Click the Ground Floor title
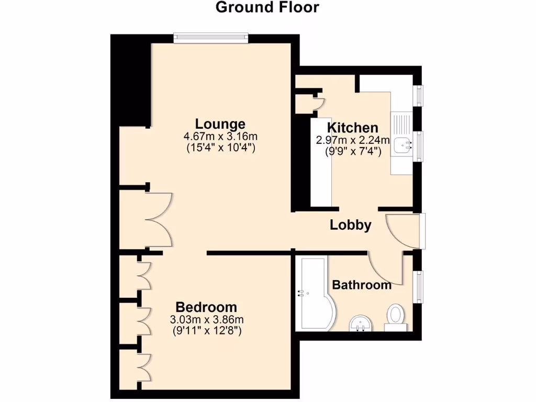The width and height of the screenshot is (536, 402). coord(267,8)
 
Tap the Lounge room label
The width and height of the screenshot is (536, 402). coord(220,124)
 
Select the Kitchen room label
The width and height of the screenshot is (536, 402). coord(352,128)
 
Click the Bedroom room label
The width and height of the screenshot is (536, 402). coord(206,307)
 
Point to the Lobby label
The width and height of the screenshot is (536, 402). coord(350,225)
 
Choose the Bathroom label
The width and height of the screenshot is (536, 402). coord(362,285)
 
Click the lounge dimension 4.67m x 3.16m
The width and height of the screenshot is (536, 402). coord(220,137)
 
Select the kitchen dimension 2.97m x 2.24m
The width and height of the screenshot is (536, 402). coord(352,140)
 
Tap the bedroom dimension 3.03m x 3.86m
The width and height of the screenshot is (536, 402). coord(207,319)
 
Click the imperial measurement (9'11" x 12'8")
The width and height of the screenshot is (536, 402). coord(207,331)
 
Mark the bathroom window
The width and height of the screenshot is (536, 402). coord(419,286)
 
